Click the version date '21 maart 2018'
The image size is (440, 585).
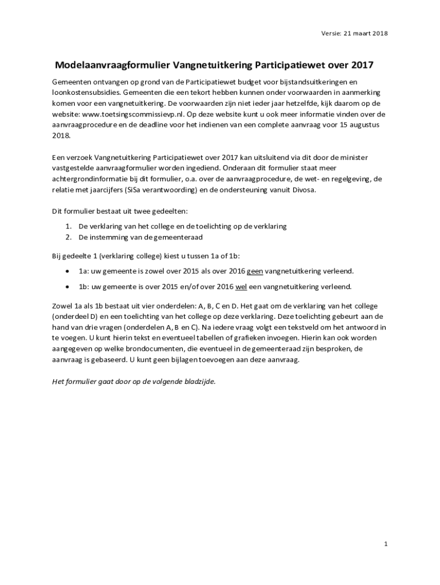coord(366,33)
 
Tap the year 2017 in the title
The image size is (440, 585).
coord(362,65)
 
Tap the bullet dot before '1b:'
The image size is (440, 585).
coord(68,286)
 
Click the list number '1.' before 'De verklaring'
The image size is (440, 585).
coord(68,226)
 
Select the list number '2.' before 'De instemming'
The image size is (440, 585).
coord(68,237)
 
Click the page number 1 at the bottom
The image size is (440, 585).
coord(386,544)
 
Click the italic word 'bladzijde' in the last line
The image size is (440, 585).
coord(200,382)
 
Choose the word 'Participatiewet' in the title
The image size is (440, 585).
coord(290,65)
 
